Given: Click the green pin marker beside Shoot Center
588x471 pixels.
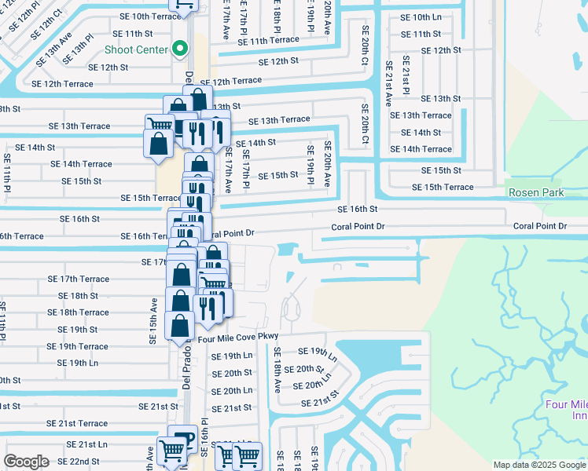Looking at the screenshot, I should coord(180,49).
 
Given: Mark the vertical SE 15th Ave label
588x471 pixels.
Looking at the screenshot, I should coord(153,320).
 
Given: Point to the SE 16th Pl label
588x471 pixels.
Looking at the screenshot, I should coord(204,436).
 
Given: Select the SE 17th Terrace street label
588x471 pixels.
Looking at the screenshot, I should coord(78,279).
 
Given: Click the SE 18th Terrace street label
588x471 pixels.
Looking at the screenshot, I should coord(78,312).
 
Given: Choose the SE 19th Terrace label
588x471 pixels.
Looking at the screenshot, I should coord(77,346).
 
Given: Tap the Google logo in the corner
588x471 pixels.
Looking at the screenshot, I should coord(26,461).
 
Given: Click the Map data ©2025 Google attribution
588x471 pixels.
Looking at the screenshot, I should coord(539,465).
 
